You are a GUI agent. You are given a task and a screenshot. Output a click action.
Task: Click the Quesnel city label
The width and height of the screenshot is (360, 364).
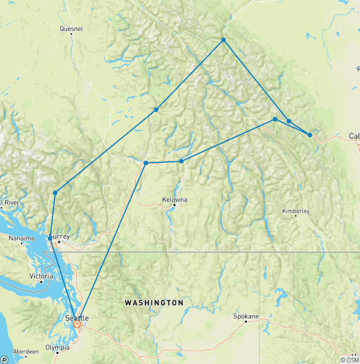click(71, 29)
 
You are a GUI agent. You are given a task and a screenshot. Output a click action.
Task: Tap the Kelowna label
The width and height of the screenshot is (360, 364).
click(175, 199)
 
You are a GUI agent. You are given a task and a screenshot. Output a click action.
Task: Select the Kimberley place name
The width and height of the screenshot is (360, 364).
click(296, 211)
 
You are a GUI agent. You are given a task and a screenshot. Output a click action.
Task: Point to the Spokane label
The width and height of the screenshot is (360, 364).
click(246, 316)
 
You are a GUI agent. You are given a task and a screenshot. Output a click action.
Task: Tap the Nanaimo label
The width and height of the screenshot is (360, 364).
click(22, 238)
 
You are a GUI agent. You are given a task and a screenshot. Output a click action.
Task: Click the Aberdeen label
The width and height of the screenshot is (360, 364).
click(26, 351)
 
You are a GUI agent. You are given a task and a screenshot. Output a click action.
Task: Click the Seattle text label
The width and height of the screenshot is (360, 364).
click(76, 318)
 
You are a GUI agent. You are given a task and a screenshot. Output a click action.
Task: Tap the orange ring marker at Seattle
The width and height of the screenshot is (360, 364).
click(77, 324)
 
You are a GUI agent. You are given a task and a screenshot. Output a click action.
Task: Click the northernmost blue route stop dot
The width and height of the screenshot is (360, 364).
click(224, 40)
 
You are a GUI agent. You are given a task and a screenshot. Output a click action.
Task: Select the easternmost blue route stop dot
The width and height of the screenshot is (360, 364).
click(310, 135)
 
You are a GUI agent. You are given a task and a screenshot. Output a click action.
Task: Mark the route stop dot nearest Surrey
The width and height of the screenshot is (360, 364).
click(50, 238)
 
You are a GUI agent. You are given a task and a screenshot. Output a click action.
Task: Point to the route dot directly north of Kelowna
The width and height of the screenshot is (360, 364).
click(181, 161)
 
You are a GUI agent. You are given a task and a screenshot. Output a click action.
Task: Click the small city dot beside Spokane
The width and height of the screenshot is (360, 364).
click(247, 322)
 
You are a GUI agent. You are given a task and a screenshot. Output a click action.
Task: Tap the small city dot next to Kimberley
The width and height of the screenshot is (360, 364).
click(296, 216)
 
